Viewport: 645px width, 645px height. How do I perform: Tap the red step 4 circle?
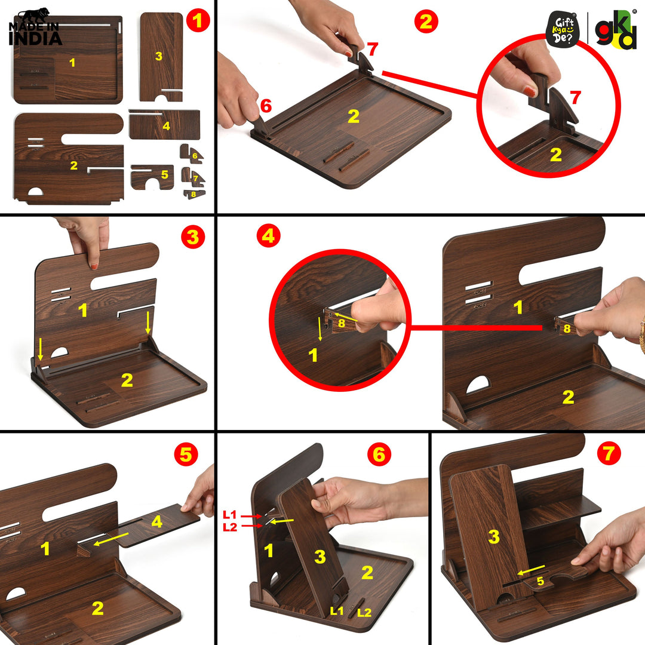pos(268,237)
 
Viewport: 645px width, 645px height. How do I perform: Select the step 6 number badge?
pos(378,455)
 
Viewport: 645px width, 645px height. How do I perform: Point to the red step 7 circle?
pos(609,454)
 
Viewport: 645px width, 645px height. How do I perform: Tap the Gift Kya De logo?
pos(563,30)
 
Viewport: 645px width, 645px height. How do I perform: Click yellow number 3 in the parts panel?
pos(158,56)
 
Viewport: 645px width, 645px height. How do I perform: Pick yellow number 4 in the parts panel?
pos(166,126)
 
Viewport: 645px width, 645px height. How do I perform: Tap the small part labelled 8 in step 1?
pos(193,193)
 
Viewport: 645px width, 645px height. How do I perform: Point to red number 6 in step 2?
pos(266,106)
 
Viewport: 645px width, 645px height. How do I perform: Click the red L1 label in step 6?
pos(230,514)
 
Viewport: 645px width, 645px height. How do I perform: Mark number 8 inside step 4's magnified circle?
pos(342,323)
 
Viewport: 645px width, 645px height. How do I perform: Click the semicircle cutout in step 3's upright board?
pos(59,353)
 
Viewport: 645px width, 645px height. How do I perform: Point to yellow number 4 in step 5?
pos(156,522)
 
